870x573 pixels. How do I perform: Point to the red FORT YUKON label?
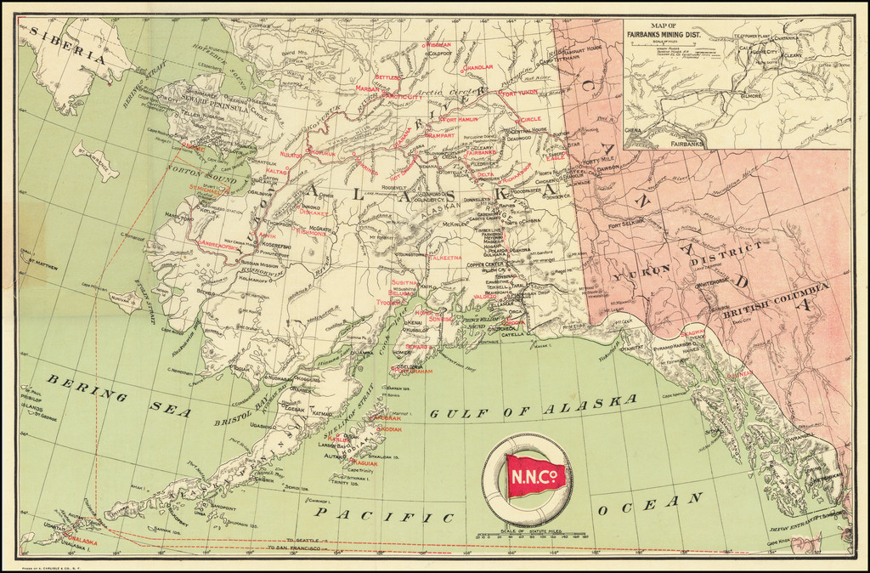(519, 94)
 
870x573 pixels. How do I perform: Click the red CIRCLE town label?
(528, 119)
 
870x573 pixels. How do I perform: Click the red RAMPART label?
(438, 134)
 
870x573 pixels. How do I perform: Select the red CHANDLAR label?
(477, 66)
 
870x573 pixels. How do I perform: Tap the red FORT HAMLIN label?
(461, 120)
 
